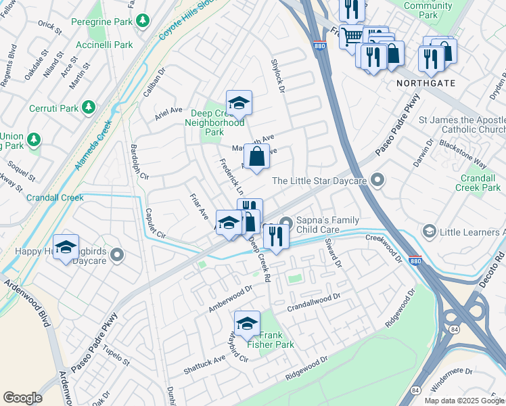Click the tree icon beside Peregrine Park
tap(143, 22)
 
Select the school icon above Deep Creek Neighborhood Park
tap(239, 103)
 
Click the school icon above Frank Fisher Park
tap(247, 323)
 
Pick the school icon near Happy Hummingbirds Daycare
tap(66, 247)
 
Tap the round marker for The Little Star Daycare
tap(377, 181)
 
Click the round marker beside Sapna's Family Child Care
tap(287, 222)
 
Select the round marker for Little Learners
tap(429, 232)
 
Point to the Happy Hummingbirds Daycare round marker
tap(117, 255)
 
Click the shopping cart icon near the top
tap(351, 36)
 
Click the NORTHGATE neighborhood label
tap(426, 83)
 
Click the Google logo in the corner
tap(22, 398)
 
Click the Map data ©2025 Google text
tap(463, 401)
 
